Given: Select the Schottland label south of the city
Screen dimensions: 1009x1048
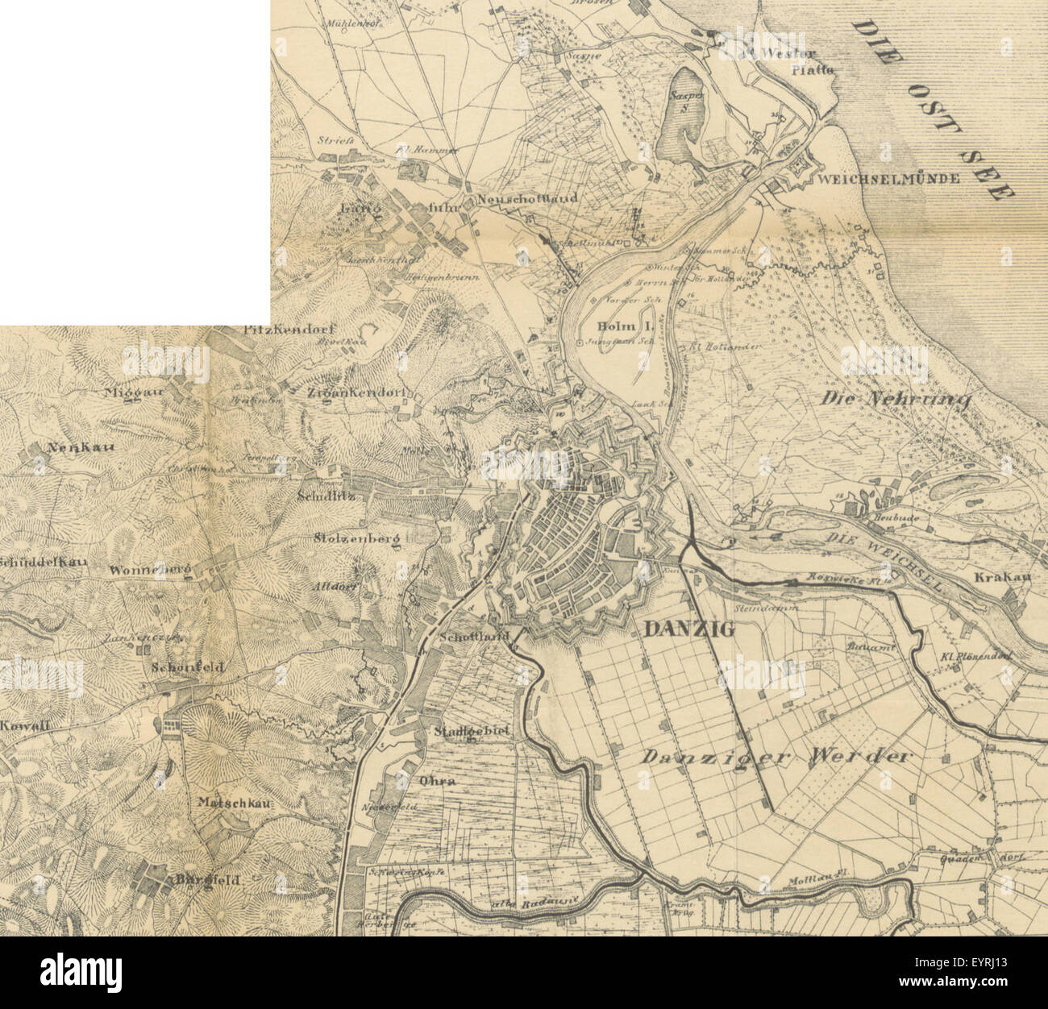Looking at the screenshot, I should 476,636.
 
